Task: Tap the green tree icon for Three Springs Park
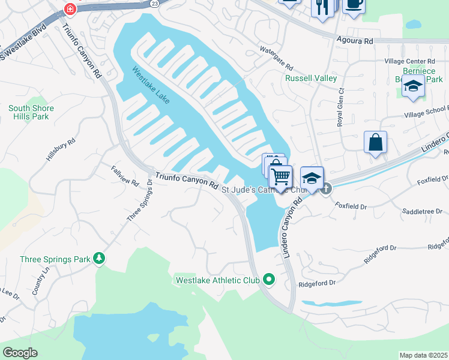pos(98,259)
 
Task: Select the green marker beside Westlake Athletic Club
pos(269,280)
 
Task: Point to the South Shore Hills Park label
pos(31,112)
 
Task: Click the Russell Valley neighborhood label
pos(310,78)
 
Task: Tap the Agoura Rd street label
pos(357,41)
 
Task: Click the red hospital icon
pos(71,9)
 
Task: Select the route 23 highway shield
pos(154,3)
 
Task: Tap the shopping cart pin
pos(280,176)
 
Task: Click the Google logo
pos(20,353)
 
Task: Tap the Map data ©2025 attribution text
pos(423,355)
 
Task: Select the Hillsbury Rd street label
pos(61,150)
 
